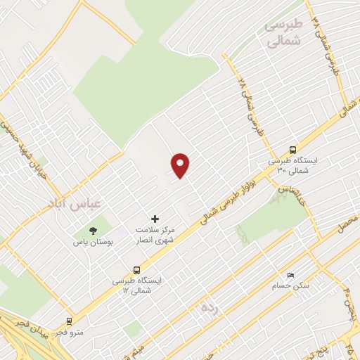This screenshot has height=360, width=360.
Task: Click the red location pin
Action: tap(181, 165)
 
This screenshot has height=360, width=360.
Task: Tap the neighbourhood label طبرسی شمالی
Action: tap(284, 33)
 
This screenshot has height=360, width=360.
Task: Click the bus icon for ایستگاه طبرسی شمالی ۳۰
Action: tap(292, 149)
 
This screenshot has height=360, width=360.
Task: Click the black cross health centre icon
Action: tap(155, 219)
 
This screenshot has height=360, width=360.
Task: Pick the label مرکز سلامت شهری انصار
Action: tap(155, 236)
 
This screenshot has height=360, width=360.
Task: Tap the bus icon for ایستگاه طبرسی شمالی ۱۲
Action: tap(136, 269)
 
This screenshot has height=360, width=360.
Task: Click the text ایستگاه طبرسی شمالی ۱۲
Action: tap(137, 285)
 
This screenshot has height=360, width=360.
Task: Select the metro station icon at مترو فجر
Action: tap(69, 321)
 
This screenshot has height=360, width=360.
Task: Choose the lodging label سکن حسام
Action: tap(291, 286)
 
